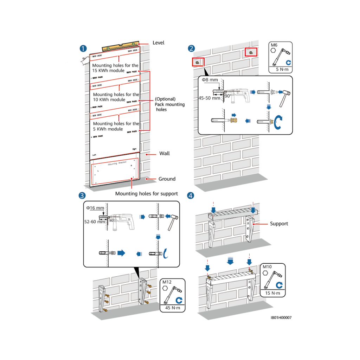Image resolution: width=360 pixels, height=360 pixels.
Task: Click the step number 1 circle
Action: pos(84,49)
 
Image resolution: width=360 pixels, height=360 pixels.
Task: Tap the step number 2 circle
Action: pos(191,49)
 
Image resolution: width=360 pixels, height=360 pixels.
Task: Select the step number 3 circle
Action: pos(82,195)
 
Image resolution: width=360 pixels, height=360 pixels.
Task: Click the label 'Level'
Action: pos(158,43)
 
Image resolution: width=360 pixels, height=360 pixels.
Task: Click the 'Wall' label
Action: pos(164,154)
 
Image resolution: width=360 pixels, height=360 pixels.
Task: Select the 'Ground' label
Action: pos(167,179)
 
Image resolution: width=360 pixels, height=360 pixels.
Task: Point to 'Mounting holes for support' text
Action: pos(147,194)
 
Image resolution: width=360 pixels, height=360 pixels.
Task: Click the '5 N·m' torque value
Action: pos(281,70)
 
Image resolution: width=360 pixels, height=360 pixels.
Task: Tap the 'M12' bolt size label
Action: pos(167,282)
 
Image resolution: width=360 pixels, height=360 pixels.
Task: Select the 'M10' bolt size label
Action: pos(268,267)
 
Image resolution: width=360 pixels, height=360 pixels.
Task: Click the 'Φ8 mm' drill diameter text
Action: pos(210,80)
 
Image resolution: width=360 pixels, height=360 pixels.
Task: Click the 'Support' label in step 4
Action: pos(279,224)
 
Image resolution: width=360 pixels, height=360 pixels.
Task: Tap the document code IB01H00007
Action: pos(281,318)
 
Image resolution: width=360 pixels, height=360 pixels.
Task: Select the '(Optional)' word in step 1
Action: pos(165,99)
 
